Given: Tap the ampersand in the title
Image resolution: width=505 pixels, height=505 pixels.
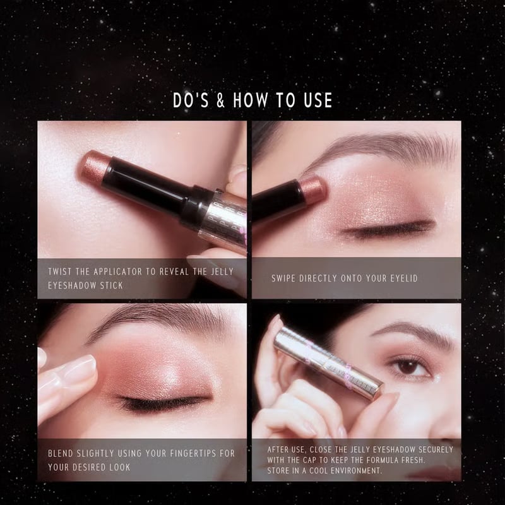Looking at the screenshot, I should coord(221,100).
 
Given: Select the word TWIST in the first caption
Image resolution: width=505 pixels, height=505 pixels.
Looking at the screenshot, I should coord(61,271).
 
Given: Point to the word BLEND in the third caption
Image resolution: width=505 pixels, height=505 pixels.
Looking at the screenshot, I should coord(62,453).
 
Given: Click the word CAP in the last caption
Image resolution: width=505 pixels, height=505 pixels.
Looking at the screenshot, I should coord(314,460).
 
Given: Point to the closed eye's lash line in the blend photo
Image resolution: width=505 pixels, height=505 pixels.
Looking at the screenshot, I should coord(164,402).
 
